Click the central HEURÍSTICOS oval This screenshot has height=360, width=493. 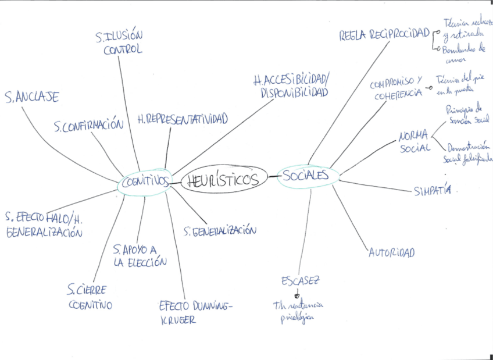pyautogui.click(x=224, y=180)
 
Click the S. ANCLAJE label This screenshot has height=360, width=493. pyautogui.click(x=31, y=97)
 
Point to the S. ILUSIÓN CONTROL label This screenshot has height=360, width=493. pyautogui.click(x=120, y=43)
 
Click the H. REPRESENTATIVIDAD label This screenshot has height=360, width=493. pyautogui.click(x=183, y=119)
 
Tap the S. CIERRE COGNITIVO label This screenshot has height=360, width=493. pyautogui.click(x=89, y=297)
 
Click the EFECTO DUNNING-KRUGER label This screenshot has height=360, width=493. pyautogui.click(x=195, y=312)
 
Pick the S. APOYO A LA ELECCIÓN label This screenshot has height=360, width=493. pyautogui.click(x=140, y=255)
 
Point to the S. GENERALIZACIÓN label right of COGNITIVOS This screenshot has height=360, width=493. pyautogui.click(x=220, y=230)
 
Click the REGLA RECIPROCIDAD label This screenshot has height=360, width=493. pyautogui.click(x=384, y=34)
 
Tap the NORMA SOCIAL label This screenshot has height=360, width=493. pyautogui.click(x=415, y=141)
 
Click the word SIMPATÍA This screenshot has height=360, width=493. pyautogui.click(x=432, y=191)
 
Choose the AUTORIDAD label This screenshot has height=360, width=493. pyautogui.click(x=391, y=252)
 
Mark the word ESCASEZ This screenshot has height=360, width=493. pyautogui.click(x=300, y=280)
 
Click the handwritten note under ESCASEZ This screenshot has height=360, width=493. pyautogui.click(x=298, y=311)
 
